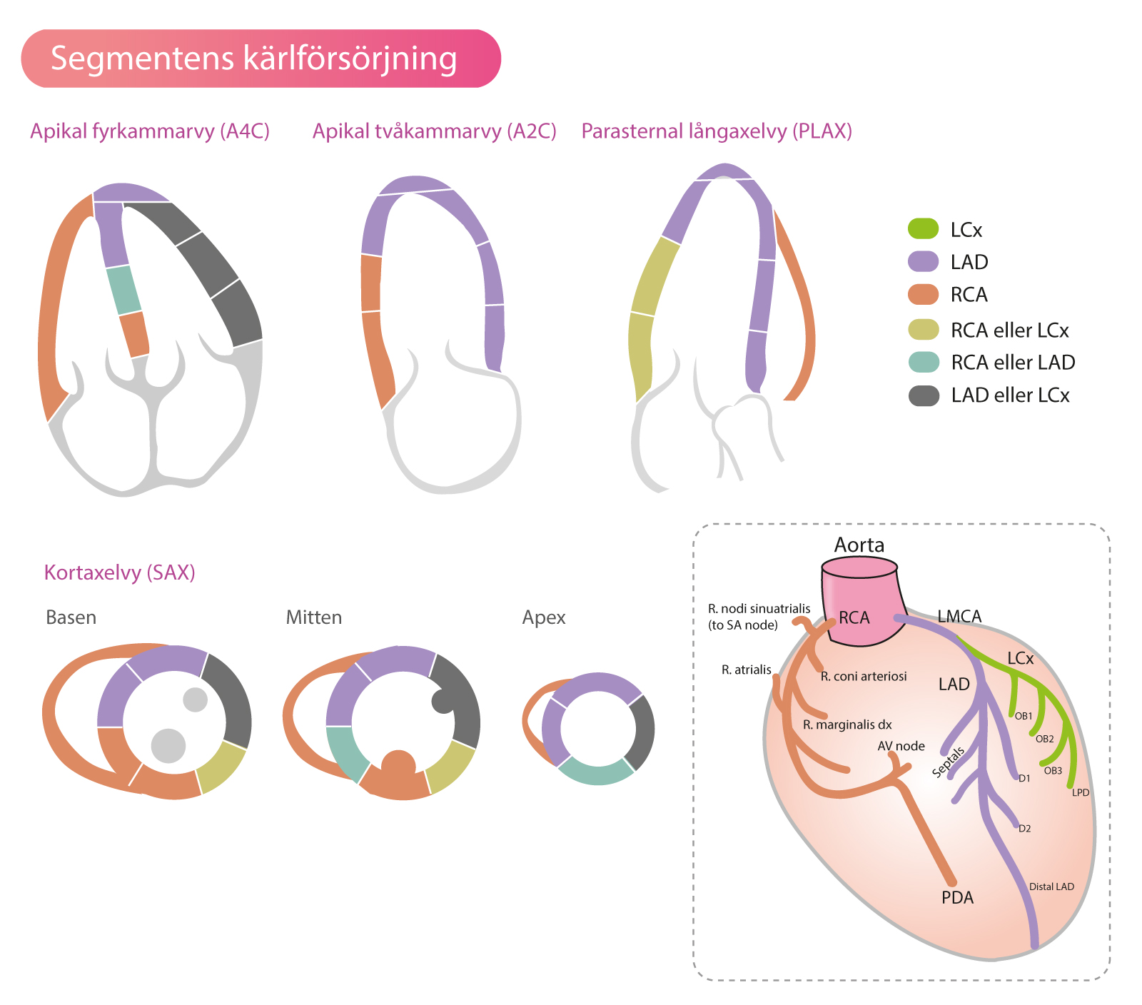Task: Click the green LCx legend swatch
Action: tap(923, 229)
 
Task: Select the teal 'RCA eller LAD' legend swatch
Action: tap(924, 362)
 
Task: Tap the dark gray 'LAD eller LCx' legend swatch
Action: tap(924, 395)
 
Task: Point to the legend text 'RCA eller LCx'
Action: tap(1009, 330)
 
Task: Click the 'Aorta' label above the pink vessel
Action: tap(859, 545)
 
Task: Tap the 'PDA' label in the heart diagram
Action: tap(957, 897)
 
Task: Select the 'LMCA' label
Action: tap(959, 616)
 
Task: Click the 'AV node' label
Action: tap(901, 746)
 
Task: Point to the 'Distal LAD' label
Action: tap(1051, 887)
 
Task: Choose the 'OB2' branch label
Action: tap(1045, 739)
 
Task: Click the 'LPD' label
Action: tap(1081, 792)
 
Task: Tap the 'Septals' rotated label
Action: tap(949, 762)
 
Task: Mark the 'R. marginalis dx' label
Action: tap(847, 724)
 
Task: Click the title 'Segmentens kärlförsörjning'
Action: tap(253, 59)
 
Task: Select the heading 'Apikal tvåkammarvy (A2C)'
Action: tap(434, 131)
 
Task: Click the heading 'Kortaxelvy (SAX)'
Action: tap(119, 572)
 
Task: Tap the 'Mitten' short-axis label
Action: tap(313, 617)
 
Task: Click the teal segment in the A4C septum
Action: tap(124, 290)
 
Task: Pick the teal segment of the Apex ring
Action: tap(596, 774)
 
